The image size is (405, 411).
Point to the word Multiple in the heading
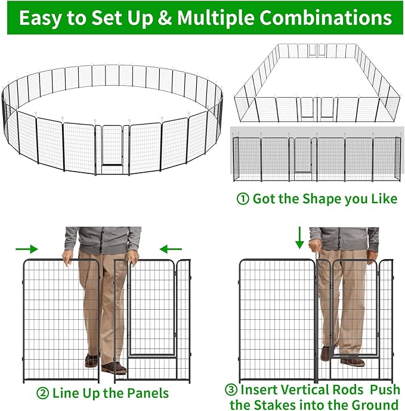click(x=221, y=17)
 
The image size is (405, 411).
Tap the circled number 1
click(x=243, y=199)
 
